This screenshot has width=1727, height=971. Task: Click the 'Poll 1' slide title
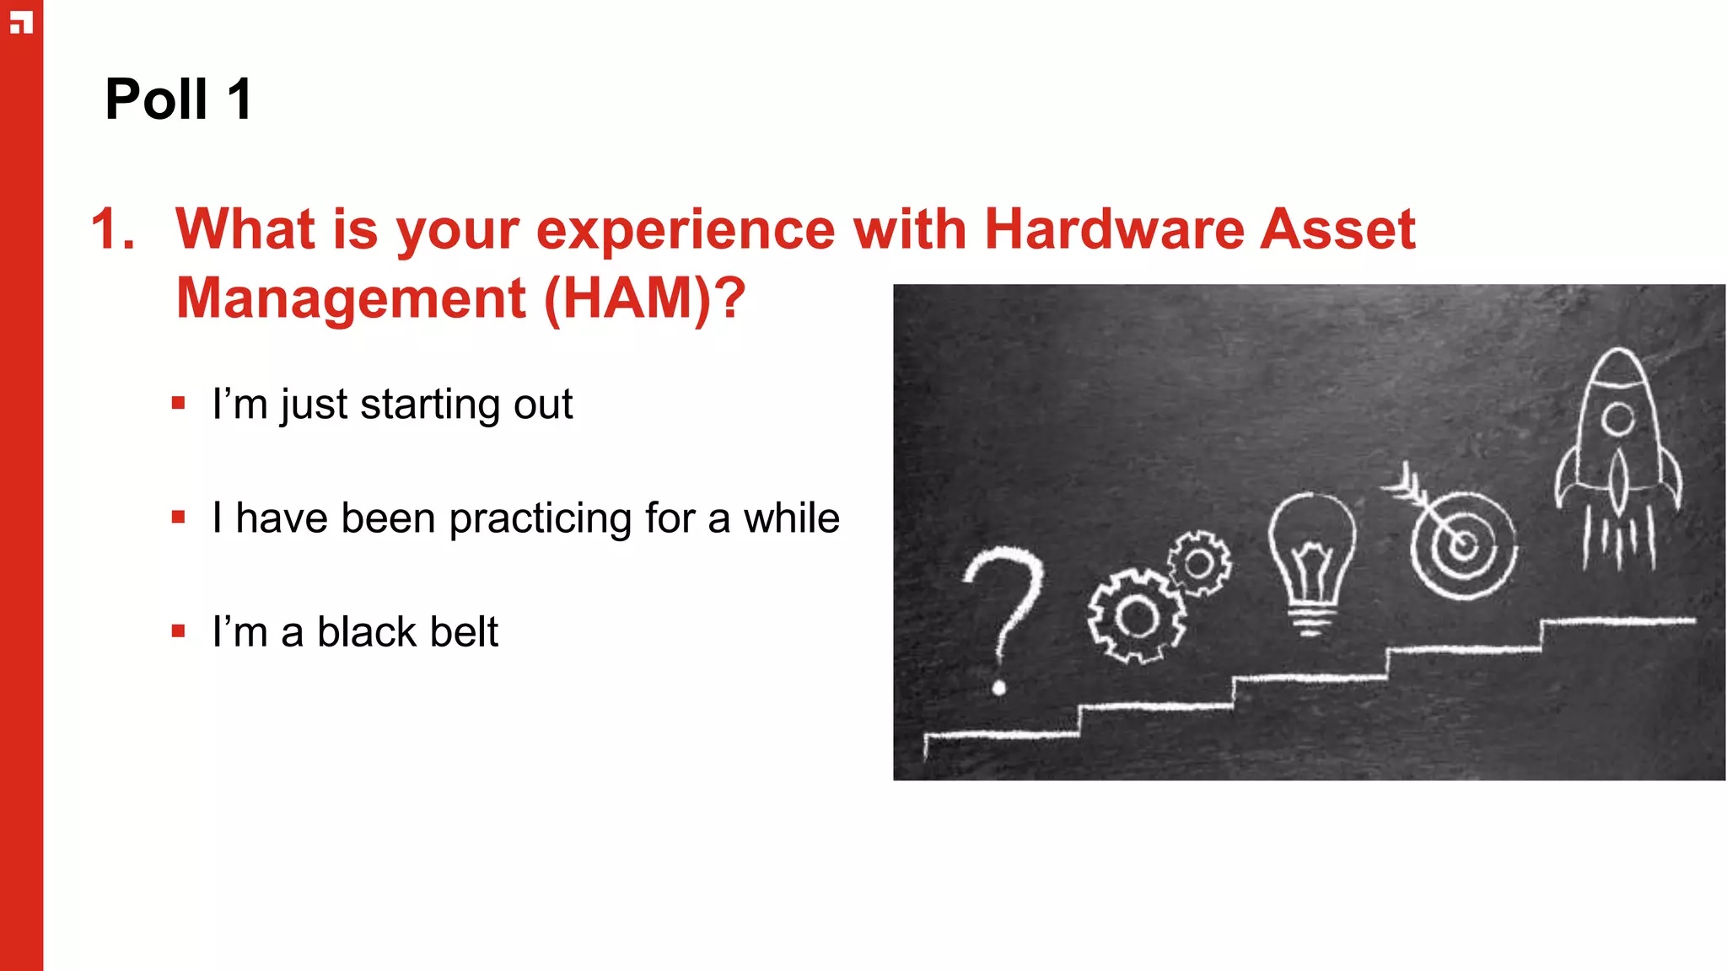[178, 99]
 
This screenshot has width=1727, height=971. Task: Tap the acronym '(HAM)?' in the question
[645, 298]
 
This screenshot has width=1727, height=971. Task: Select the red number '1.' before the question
[113, 229]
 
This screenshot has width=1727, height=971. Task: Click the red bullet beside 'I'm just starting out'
[178, 404]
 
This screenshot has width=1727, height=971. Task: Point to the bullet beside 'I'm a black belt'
[178, 631]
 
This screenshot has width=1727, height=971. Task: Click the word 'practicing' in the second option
[540, 518]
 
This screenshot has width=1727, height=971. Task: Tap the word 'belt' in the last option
[464, 631]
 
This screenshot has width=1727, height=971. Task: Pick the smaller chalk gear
[1198, 563]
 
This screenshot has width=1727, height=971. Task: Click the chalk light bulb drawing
[1311, 561]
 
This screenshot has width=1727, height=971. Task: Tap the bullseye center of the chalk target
[1464, 545]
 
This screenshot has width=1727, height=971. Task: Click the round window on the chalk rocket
[1617, 419]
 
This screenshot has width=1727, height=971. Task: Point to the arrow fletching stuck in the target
[1403, 484]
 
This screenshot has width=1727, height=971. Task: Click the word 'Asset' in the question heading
[1337, 229]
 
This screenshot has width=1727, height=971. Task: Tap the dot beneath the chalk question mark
[999, 689]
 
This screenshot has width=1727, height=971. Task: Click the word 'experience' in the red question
[685, 229]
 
